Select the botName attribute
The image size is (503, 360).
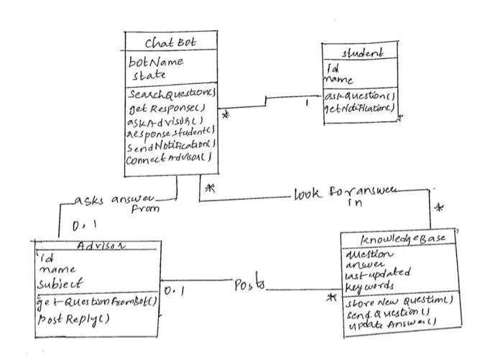[157, 63]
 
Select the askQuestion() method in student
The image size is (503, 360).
[360, 95]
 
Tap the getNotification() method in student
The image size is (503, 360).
[360, 106]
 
